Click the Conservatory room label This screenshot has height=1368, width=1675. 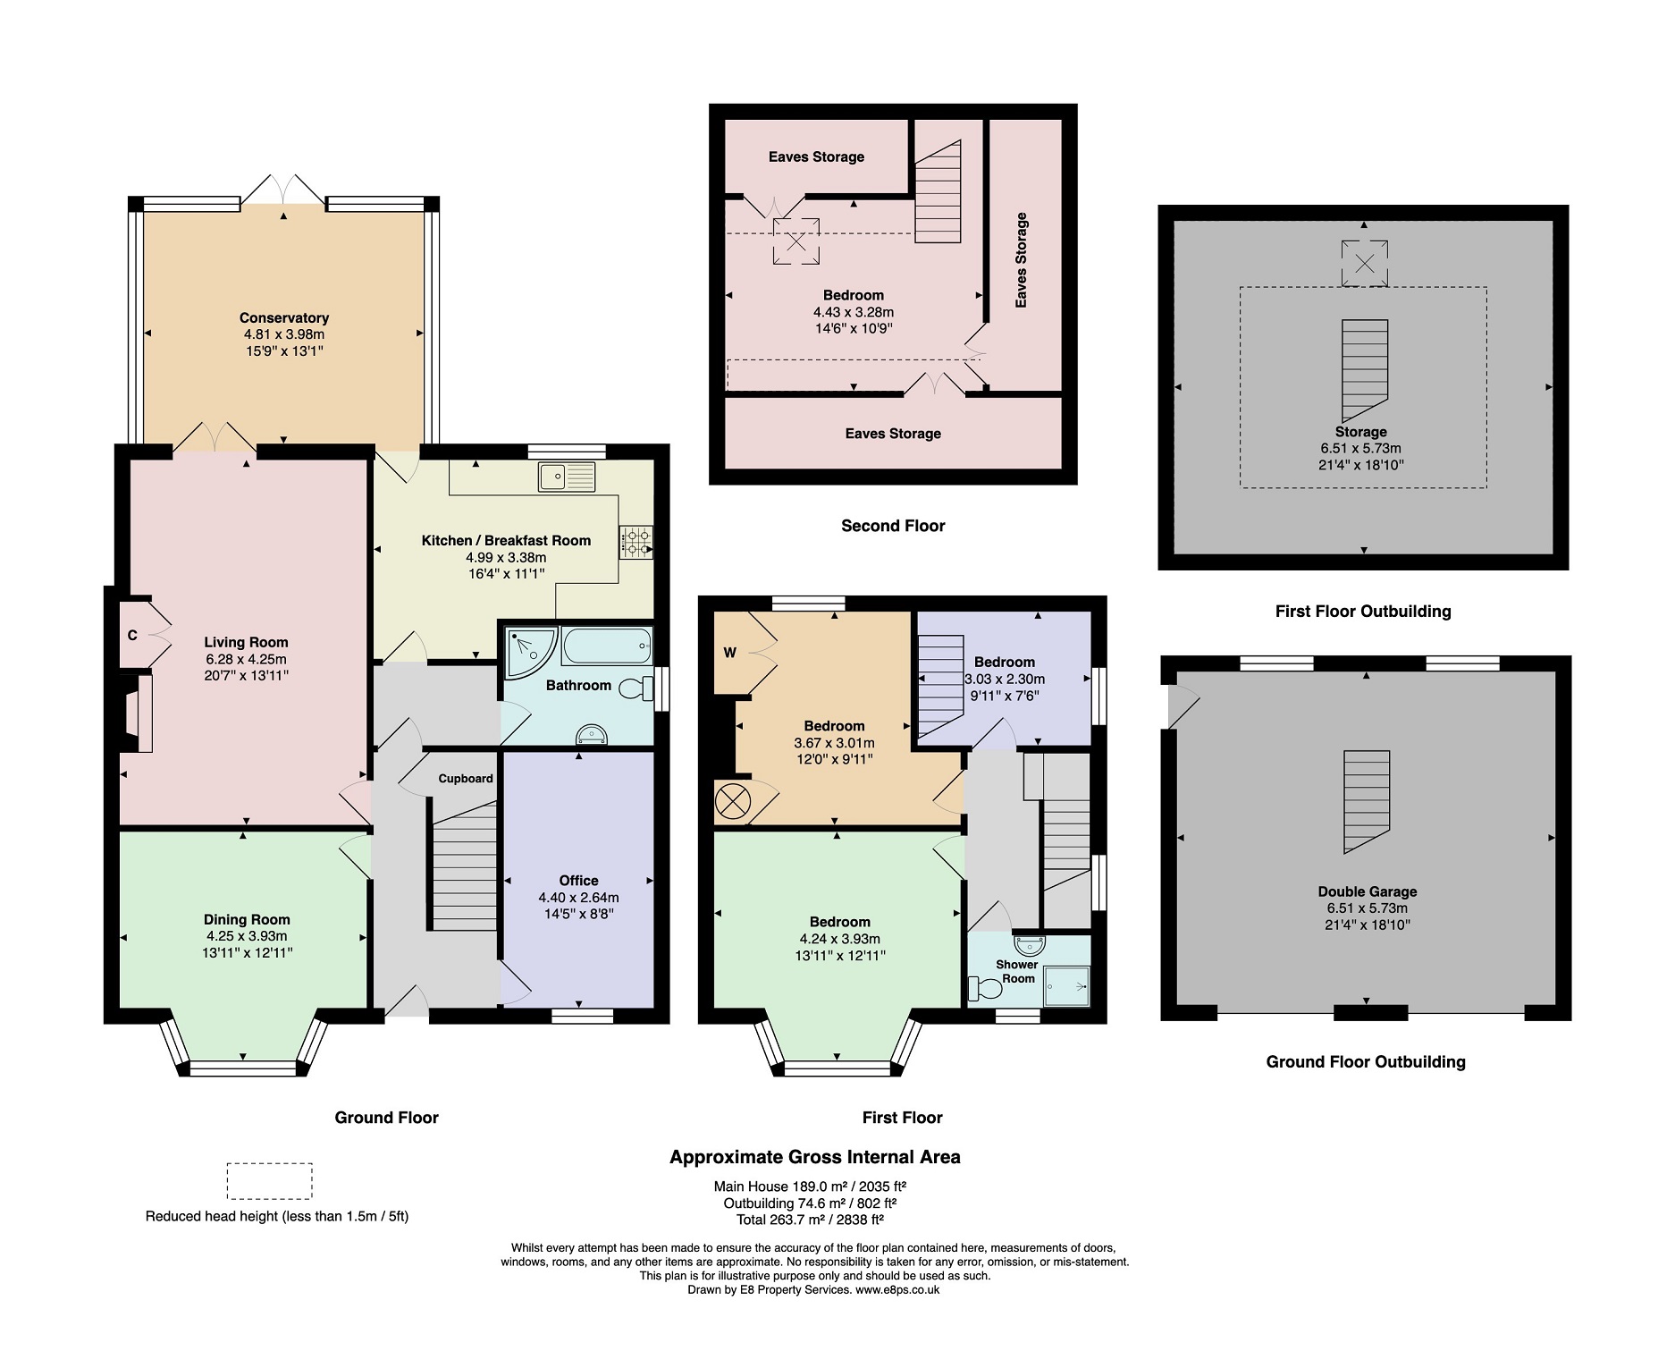point(283,317)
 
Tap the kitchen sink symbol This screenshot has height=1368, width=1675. point(567,477)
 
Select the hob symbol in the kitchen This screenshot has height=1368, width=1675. point(635,542)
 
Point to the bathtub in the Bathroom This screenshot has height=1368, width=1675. point(606,645)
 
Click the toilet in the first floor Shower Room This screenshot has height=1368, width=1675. point(985,988)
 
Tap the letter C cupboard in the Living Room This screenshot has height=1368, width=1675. point(132,635)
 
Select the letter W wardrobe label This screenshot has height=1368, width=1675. point(730,653)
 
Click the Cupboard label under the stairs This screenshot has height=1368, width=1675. point(465,778)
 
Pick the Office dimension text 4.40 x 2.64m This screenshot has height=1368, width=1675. point(578,897)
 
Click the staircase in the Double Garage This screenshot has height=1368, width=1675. point(1367,800)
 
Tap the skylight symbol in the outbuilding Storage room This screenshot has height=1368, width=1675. point(1364,263)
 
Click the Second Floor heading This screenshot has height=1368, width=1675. point(892,526)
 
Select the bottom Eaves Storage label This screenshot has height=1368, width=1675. point(892,434)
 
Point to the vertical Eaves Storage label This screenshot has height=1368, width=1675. point(1021,260)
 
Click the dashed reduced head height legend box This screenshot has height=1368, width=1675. point(269,1180)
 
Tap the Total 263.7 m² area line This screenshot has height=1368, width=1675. point(809,1219)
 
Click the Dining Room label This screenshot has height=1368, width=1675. point(247,919)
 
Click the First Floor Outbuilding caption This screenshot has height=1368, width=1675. point(1362,612)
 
